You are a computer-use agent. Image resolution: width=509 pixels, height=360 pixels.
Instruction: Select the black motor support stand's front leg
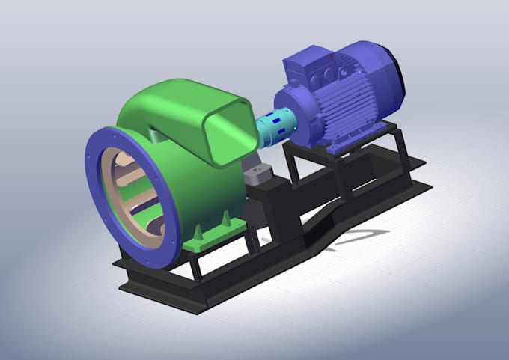click(x=293, y=168)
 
